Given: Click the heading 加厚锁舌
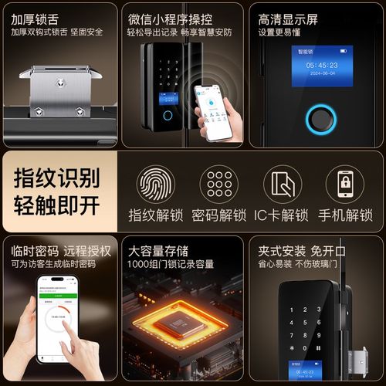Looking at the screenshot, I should [x=36, y=16].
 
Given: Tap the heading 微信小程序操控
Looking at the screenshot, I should [x=171, y=16].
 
